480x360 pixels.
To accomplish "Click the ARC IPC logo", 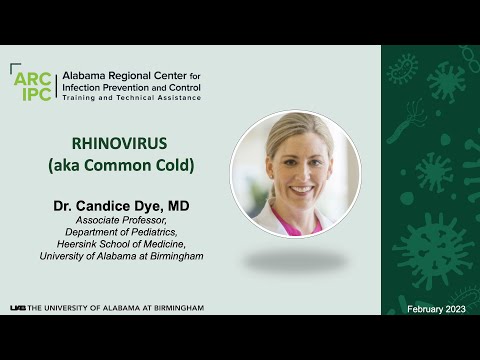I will [34, 83].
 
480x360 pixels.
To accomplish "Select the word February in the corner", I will [424, 309].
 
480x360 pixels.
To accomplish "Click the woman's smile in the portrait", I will [301, 187].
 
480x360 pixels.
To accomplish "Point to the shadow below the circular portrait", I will [295, 261].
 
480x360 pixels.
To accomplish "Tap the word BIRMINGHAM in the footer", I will [176, 308].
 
